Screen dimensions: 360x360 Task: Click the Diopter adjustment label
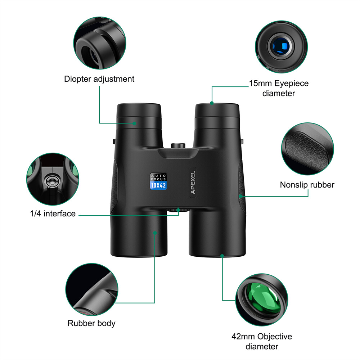coord(99,79)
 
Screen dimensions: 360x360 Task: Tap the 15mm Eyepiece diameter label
coord(279,88)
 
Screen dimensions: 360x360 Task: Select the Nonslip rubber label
coord(307,185)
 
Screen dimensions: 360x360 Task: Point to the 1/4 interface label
coord(53,214)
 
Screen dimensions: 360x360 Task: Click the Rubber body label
coord(91,323)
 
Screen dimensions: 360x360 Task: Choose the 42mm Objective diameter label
coord(262,342)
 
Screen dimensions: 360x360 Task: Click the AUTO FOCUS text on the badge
coord(158,177)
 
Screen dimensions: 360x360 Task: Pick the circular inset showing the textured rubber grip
coord(307,150)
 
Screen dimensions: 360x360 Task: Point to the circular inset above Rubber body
coord(91,289)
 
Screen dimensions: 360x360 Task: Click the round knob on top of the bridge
coord(178,145)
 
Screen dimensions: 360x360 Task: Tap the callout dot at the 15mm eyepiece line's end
coord(212,103)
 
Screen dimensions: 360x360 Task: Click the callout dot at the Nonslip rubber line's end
coord(240,196)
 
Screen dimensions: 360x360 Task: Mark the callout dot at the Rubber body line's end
coord(155,233)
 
